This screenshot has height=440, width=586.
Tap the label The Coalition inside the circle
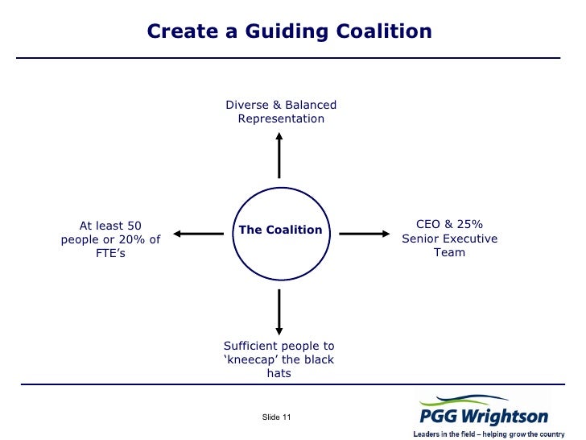(x=280, y=230)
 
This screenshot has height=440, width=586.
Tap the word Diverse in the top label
(x=248, y=106)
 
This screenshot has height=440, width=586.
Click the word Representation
(x=281, y=119)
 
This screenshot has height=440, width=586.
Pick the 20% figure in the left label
(x=134, y=239)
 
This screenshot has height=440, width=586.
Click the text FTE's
(x=110, y=254)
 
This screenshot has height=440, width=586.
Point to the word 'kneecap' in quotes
(x=250, y=359)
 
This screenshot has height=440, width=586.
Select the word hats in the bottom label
(x=279, y=374)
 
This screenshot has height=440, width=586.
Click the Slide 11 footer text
(x=277, y=416)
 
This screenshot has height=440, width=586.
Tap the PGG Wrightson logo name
(x=483, y=417)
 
